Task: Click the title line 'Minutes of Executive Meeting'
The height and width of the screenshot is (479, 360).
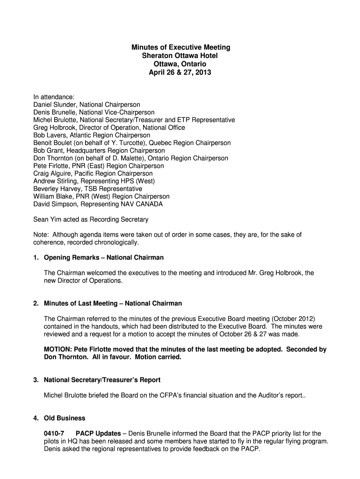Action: coord(180,48)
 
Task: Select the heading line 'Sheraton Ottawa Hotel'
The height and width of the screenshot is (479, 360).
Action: coord(180,56)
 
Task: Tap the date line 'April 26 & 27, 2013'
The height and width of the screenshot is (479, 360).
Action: coord(180,73)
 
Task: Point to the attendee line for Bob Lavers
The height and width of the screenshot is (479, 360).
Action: coord(92,135)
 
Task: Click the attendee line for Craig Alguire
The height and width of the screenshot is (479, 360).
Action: coord(93,174)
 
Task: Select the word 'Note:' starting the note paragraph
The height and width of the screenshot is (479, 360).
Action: coord(41,234)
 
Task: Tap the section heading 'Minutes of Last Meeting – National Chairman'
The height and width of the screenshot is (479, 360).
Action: coord(113,304)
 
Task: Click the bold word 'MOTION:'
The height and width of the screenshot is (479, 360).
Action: coord(59,349)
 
